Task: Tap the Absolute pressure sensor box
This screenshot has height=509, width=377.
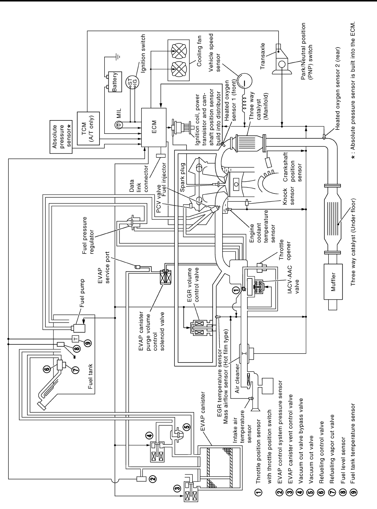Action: coord(62,136)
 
